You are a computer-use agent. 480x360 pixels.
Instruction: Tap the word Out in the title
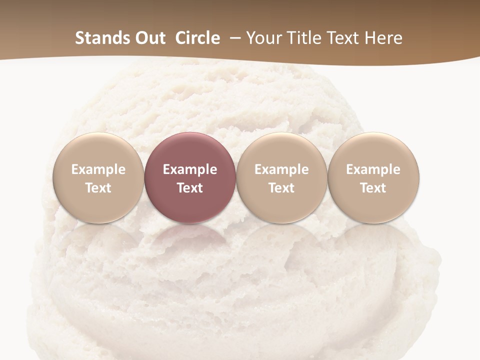pos(149,38)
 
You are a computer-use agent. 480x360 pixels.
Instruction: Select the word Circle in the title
pos(197,38)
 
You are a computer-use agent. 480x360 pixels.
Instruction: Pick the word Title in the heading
pos(301,38)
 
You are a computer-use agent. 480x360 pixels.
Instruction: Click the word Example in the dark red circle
pos(190,169)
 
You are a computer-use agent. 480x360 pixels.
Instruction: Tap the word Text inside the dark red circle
pos(190,188)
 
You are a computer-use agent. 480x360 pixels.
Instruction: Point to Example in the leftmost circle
pos(98,169)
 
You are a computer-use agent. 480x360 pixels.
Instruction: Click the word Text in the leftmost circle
pos(98,188)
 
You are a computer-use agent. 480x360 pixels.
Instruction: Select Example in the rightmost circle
pos(373,169)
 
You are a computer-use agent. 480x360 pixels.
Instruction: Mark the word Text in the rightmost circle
pos(373,188)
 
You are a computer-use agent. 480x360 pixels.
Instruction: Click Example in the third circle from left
pos(281,169)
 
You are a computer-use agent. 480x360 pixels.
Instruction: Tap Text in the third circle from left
pos(281,188)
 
